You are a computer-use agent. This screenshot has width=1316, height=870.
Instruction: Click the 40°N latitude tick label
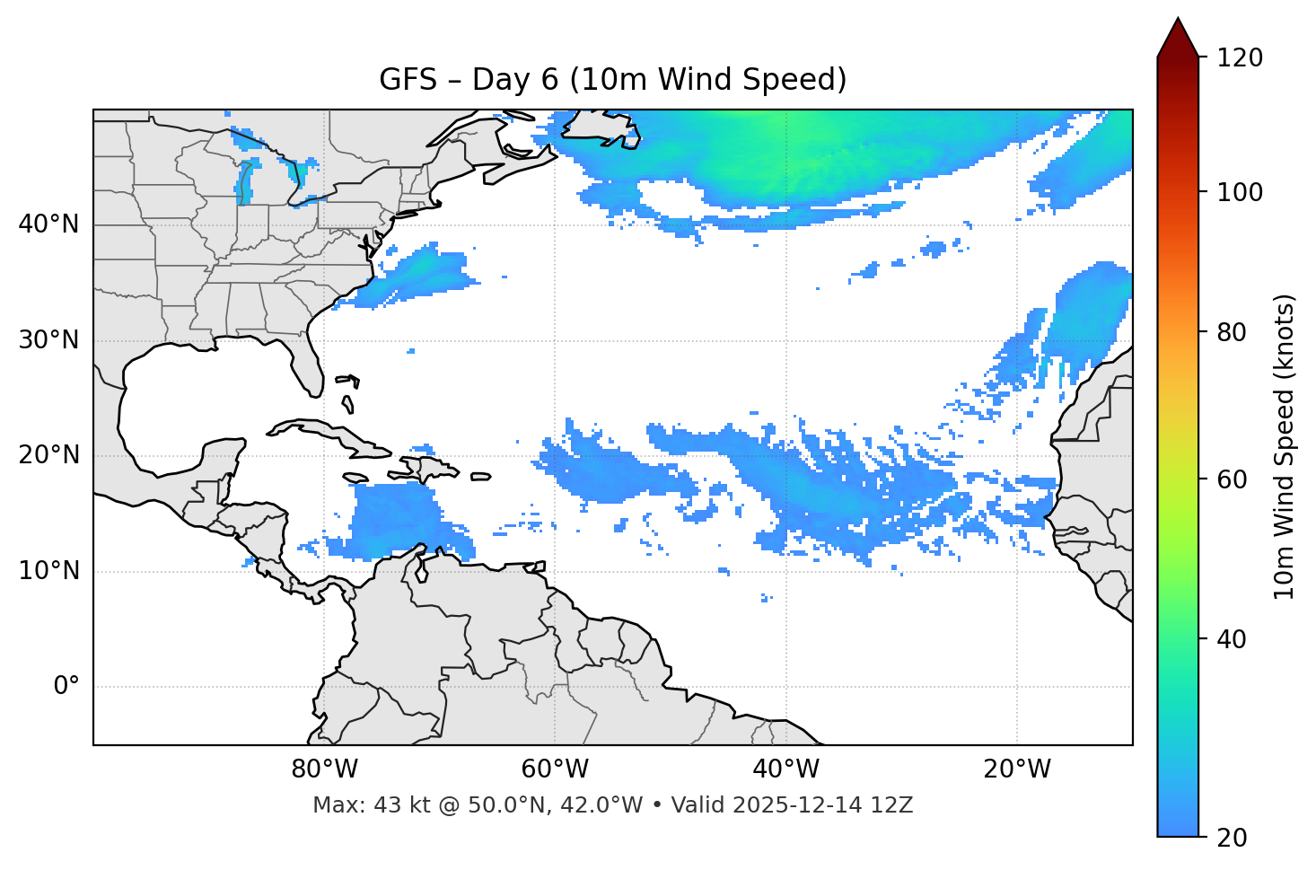[x=48, y=224]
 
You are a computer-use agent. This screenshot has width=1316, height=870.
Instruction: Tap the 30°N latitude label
[x=48, y=340]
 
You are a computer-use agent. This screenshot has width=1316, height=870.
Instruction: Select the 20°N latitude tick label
[x=48, y=455]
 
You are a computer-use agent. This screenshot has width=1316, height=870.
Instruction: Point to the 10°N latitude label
[x=48, y=571]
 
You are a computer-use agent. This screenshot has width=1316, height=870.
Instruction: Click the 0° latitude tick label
[x=66, y=687]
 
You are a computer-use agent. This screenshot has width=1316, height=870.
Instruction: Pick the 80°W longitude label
[x=324, y=769]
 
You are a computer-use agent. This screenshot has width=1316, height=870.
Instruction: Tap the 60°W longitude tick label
[x=555, y=769]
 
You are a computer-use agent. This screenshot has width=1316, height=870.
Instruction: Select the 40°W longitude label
[x=785, y=769]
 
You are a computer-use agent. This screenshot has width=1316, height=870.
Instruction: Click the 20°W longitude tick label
[x=1016, y=769]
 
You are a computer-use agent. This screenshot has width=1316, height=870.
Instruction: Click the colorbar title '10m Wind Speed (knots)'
[x=1285, y=446]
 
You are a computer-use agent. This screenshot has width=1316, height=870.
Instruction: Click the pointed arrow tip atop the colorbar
[x=1178, y=22]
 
